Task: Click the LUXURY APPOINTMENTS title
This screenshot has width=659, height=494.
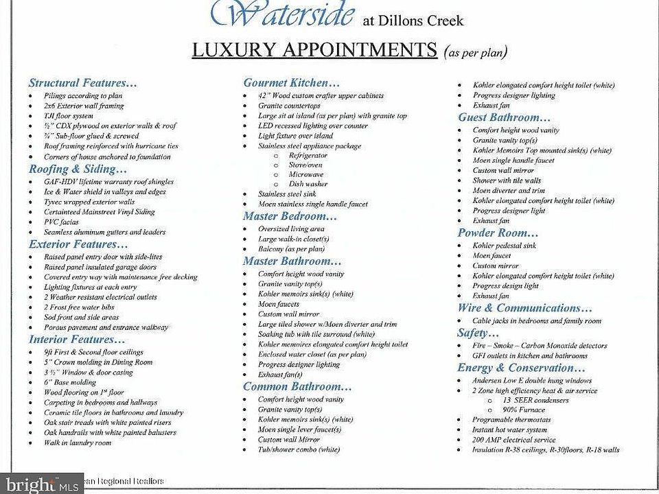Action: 314,51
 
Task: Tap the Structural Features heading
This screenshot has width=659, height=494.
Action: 83,83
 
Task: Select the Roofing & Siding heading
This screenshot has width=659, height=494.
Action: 78,169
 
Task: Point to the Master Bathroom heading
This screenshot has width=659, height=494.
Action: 292,261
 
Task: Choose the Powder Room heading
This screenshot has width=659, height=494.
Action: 498,233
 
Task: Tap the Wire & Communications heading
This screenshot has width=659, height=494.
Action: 524,309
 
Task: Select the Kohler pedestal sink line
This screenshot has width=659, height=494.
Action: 505,246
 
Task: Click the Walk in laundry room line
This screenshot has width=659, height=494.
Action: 77,443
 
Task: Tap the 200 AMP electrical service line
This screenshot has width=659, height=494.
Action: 514,440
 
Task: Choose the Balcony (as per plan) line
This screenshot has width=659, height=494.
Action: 291,249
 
